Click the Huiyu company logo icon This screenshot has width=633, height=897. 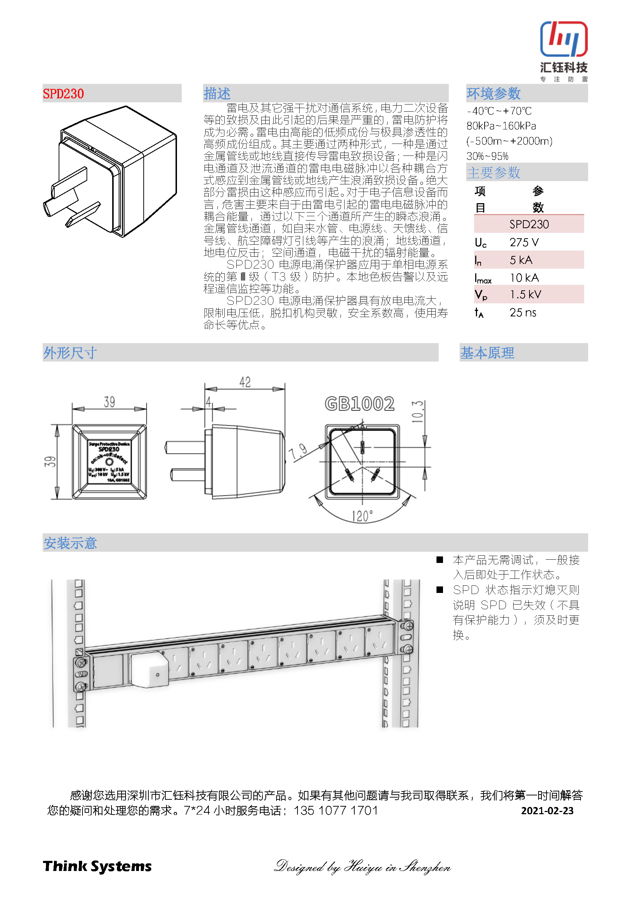point(564,39)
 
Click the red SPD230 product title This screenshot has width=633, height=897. point(63,94)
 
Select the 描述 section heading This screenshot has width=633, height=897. point(217,94)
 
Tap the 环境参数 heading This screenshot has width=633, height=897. point(493,94)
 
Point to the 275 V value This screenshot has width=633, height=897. point(524,243)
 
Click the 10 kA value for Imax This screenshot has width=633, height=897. point(524,278)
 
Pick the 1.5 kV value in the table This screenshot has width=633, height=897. point(526,295)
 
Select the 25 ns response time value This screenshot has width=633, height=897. point(523,312)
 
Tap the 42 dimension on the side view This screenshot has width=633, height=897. point(245,382)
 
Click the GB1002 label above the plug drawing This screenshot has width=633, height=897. point(359,404)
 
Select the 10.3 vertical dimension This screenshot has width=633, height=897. point(417,411)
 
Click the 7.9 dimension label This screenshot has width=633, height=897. point(298,452)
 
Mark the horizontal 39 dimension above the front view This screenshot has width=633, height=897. point(109,402)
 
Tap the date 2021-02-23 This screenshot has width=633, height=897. point(547,811)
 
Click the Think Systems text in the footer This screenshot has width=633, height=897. point(97,867)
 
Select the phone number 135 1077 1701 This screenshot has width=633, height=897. point(336,811)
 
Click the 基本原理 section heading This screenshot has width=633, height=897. point(487,353)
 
